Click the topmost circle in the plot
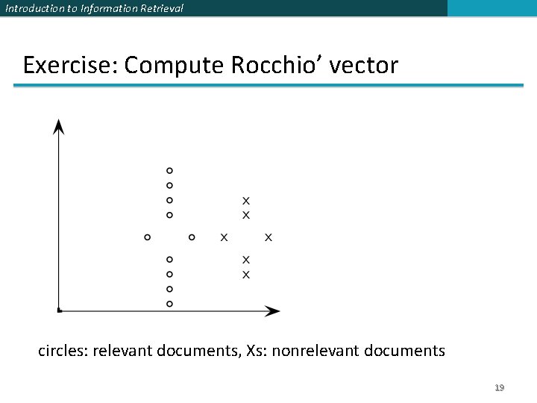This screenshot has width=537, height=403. pyautogui.click(x=169, y=170)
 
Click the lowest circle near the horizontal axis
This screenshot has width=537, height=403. pyautogui.click(x=169, y=304)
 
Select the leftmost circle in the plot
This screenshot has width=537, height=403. pyautogui.click(x=147, y=237)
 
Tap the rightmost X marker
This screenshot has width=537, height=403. pyautogui.click(x=268, y=237)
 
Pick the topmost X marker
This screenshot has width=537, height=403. pyautogui.click(x=246, y=201)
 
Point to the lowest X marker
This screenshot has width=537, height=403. pyautogui.click(x=246, y=275)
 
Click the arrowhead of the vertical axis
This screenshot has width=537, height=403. pyautogui.click(x=59, y=127)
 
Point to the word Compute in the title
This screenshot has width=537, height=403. pyautogui.click(x=175, y=66)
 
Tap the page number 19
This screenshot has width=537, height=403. pyautogui.click(x=500, y=388)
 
